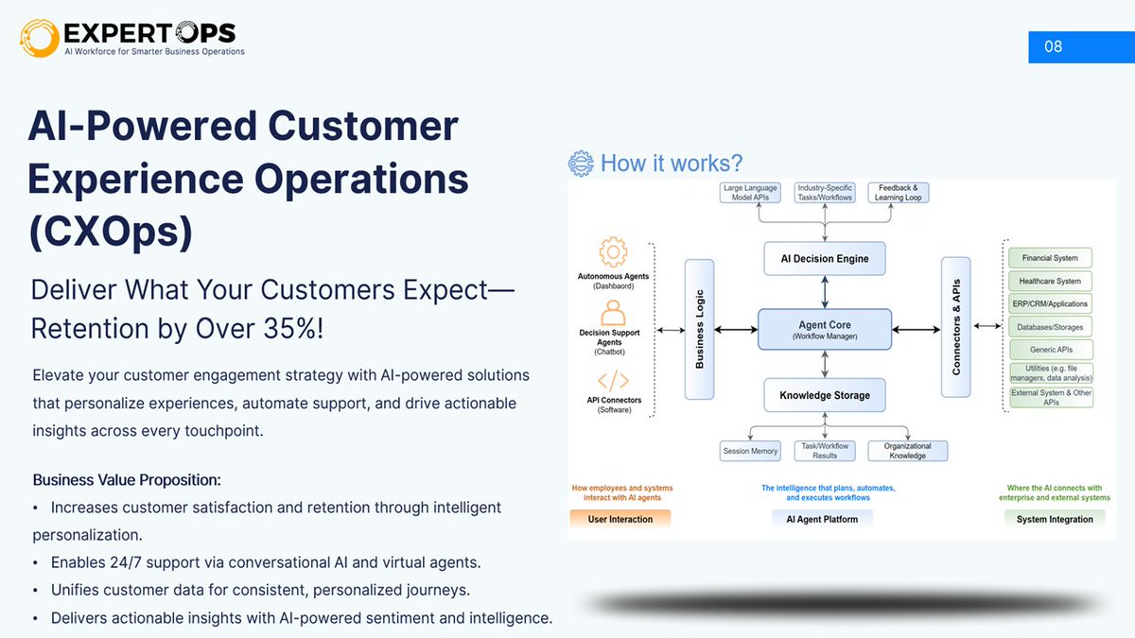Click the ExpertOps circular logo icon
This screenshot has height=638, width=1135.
[x=39, y=38]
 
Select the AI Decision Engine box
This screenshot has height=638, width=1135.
[x=825, y=258]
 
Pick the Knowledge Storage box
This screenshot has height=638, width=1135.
[x=825, y=395]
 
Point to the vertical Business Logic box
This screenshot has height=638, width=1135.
[x=700, y=329]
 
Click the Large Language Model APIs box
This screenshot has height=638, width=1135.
[x=750, y=193]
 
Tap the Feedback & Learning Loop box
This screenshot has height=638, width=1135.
[x=898, y=193]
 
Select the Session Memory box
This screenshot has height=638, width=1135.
[x=750, y=451]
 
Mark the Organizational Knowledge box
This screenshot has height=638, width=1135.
[x=907, y=451]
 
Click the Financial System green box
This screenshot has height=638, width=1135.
[x=1050, y=257]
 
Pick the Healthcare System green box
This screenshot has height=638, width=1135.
[x=1050, y=281]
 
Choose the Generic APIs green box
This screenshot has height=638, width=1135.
[x=1050, y=350]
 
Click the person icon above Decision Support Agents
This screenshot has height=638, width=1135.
[x=614, y=313]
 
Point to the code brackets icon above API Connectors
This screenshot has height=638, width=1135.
[x=614, y=381]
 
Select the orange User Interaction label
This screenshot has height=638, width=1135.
[x=620, y=519]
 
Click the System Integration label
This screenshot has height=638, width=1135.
[x=1055, y=519]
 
